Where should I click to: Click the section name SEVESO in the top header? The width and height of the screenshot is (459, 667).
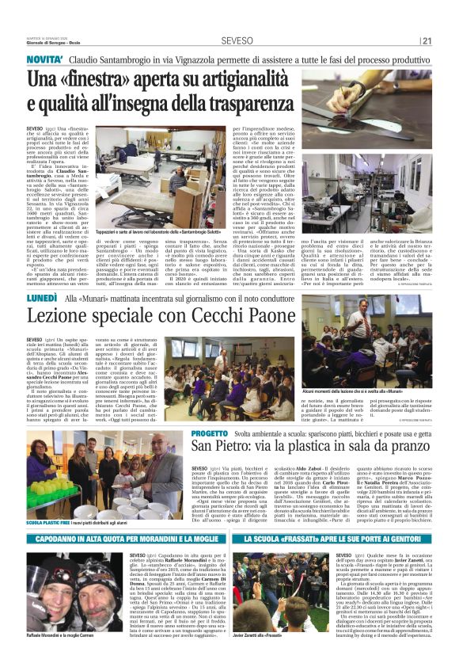click(x=237, y=40)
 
